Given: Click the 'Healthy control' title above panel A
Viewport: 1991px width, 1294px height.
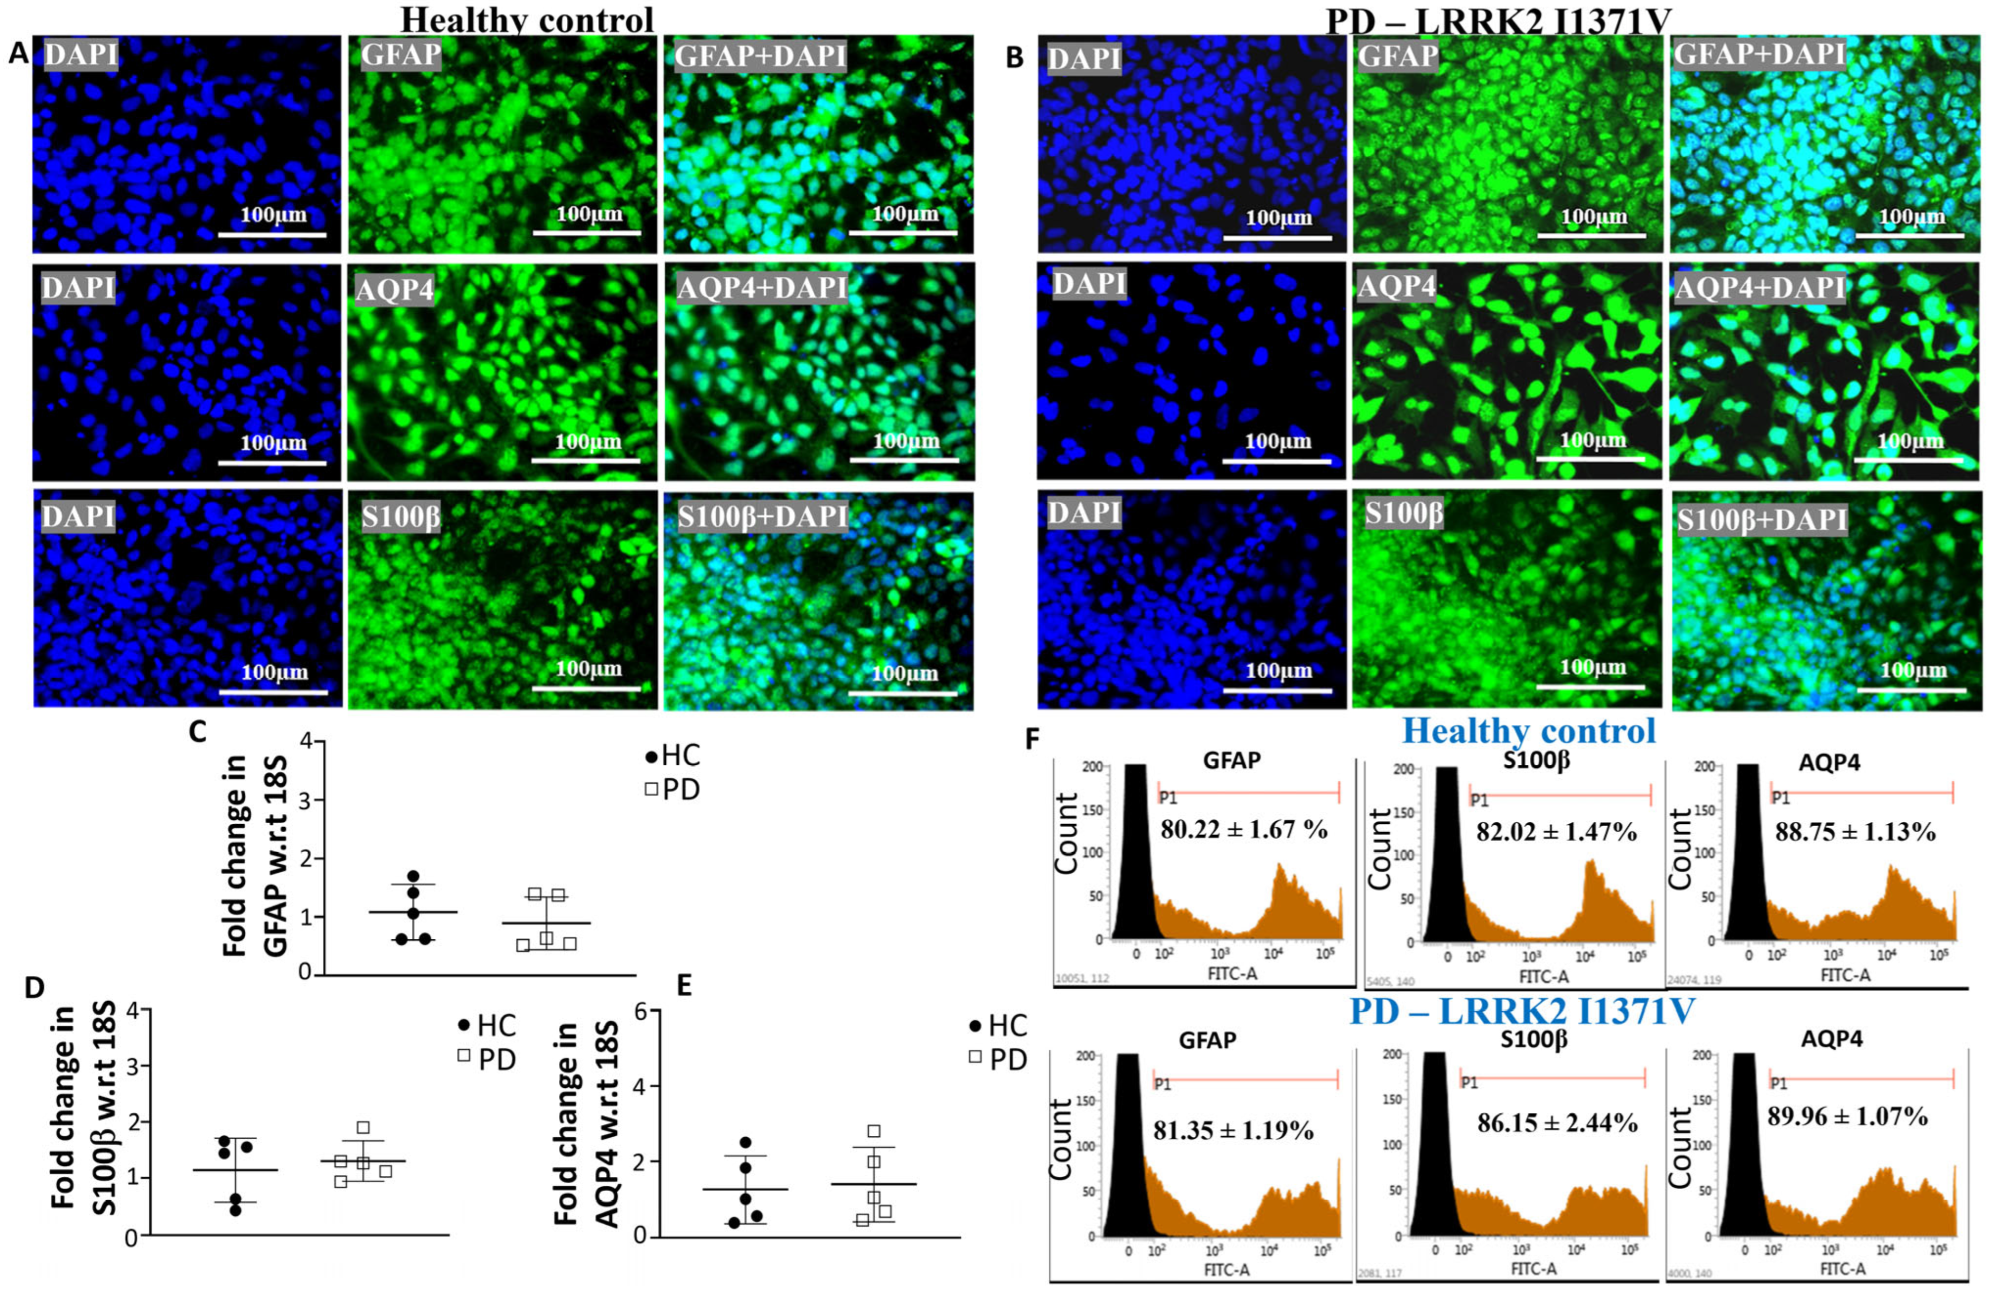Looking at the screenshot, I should [x=527, y=18].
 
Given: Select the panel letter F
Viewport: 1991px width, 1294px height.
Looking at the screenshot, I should [x=1034, y=740].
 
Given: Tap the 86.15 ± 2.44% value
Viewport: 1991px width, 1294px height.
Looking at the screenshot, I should [x=1557, y=1123].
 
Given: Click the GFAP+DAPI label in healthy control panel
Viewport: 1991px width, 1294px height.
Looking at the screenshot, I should [x=759, y=56].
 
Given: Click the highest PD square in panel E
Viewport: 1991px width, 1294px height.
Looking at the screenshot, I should [x=874, y=1131].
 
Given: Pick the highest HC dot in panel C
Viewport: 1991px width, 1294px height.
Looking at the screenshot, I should [x=413, y=876].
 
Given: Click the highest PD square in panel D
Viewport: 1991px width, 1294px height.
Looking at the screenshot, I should [x=363, y=1127].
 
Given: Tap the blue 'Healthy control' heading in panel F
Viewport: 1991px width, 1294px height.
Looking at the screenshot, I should [x=1528, y=731].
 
